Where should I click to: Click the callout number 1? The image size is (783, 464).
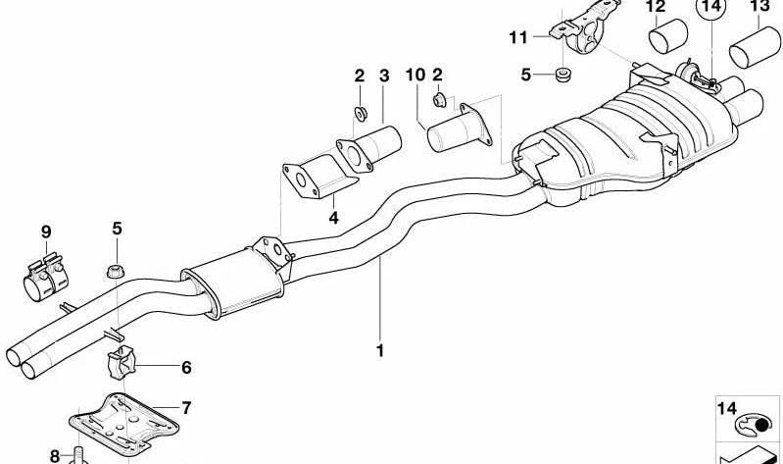(380, 350)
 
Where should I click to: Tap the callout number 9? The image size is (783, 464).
(46, 232)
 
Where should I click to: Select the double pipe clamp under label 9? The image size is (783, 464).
(45, 277)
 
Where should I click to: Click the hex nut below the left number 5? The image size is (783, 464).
(116, 272)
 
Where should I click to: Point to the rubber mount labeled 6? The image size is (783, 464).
(121, 362)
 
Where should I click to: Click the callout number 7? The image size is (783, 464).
(186, 408)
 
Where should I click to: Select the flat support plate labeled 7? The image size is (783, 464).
(123, 424)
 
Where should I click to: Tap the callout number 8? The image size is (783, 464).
(55, 456)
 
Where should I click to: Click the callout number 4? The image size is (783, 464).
(333, 218)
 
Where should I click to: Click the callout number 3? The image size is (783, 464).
(383, 76)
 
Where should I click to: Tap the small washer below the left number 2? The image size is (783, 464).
(361, 114)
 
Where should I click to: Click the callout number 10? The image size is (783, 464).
(416, 75)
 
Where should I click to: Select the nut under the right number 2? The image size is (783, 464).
(439, 100)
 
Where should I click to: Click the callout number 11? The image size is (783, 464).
(518, 37)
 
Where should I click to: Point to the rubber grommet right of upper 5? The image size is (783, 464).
(563, 74)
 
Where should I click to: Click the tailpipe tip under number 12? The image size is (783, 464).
(668, 36)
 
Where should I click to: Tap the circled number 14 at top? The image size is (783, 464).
(711, 7)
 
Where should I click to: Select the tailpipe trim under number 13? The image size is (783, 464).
(754, 47)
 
